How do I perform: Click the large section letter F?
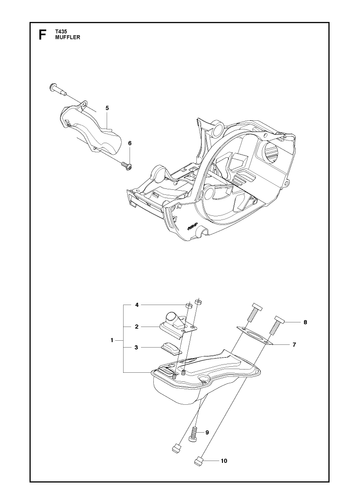[x=42, y=34]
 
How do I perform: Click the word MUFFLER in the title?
[x=68, y=37]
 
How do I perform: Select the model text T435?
[x=60, y=32]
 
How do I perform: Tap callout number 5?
[x=107, y=108]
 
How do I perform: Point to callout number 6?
[x=130, y=143]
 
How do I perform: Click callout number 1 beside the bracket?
[x=112, y=340]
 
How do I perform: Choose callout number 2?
[x=136, y=327]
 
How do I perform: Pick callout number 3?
[x=136, y=348]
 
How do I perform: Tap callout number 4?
[x=136, y=305]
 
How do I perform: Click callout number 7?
[x=294, y=345]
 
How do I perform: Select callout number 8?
[x=305, y=322]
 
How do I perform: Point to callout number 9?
[x=207, y=433]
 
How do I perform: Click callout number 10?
[x=224, y=461]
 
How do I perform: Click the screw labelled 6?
[x=127, y=165]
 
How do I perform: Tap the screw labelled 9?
[x=193, y=435]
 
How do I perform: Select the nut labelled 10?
[x=198, y=462]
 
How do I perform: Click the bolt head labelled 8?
[x=279, y=320]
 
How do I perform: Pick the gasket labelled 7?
[x=255, y=335]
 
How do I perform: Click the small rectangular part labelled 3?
[x=171, y=348]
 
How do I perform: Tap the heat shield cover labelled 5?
[x=89, y=130]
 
